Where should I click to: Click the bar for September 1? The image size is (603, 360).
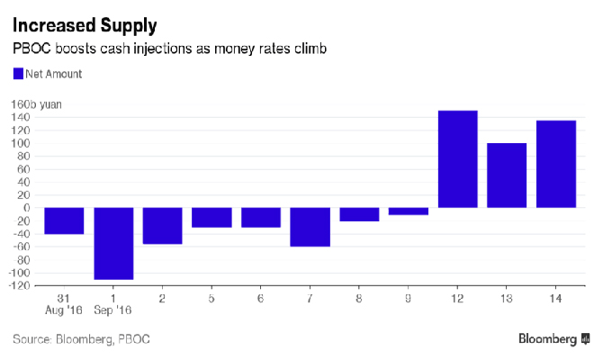coord(113,243)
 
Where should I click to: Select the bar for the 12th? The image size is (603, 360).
coord(457,159)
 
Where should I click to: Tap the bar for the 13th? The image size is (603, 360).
coord(507,175)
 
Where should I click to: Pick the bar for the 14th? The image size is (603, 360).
coord(556,165)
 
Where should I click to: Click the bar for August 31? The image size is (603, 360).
coord(64,220)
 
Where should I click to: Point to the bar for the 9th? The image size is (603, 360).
coord(409,211)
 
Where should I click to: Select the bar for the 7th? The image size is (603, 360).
coord(310,227)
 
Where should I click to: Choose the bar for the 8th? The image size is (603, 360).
coord(359,214)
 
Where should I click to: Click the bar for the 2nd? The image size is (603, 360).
coord(163,226)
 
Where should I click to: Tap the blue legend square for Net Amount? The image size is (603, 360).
coord(18,74)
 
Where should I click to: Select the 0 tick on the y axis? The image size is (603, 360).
coord(29,208)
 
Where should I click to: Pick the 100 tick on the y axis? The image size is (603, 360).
coord(24,143)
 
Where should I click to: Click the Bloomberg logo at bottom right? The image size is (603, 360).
coord(553,339)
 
